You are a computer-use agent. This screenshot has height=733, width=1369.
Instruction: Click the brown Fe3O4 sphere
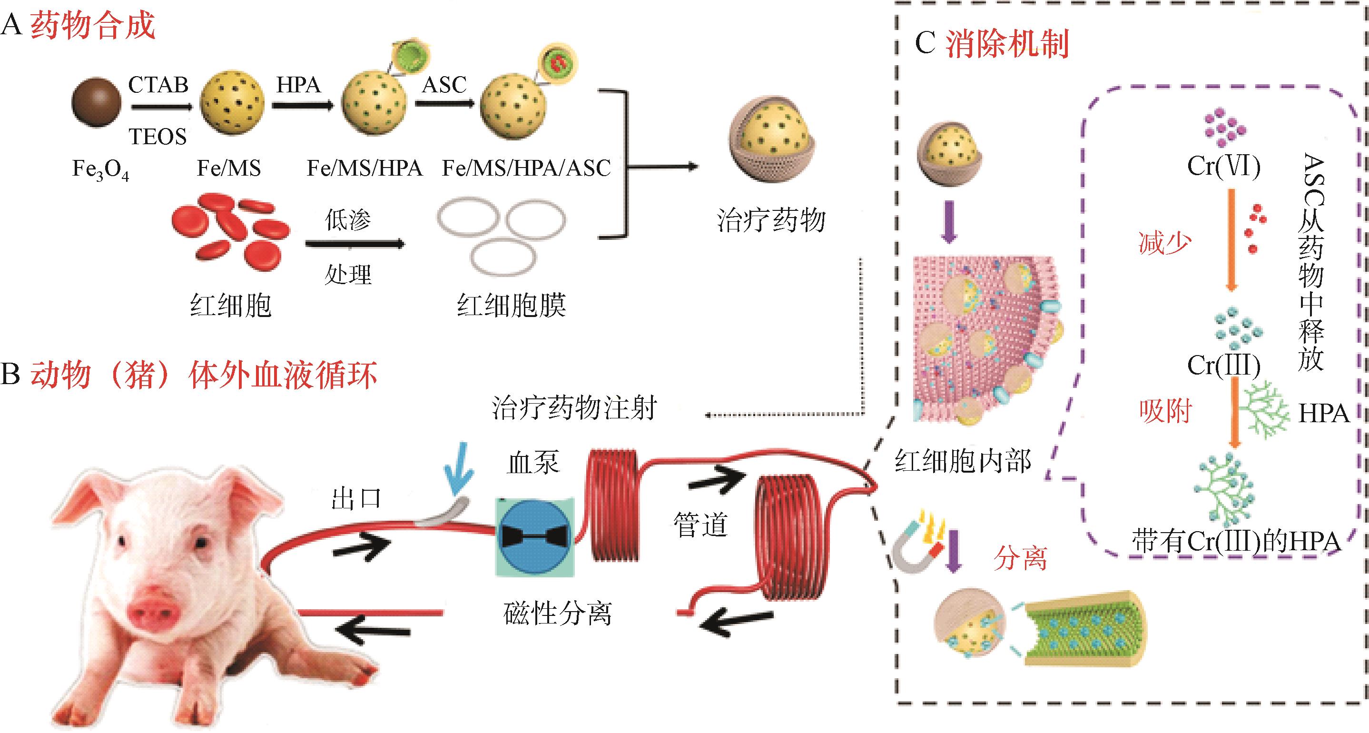click(96, 103)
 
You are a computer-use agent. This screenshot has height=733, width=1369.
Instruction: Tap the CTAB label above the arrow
click(158, 85)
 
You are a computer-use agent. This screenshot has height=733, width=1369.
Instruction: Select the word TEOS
click(158, 137)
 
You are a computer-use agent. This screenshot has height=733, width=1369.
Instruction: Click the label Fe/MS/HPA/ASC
click(526, 168)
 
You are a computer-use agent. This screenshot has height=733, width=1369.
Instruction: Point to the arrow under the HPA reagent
click(302, 106)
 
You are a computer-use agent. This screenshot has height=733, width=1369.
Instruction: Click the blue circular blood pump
click(535, 536)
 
